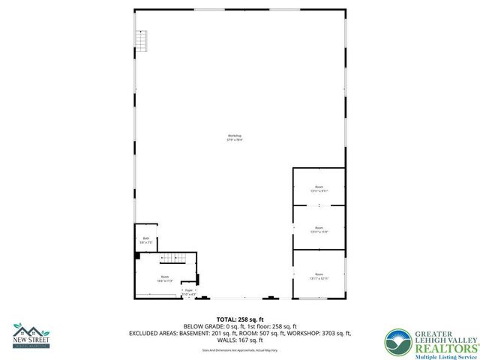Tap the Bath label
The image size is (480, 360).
point(145,238)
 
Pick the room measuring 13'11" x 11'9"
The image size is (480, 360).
point(319,230)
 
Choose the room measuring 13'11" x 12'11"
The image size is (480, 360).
point(319,276)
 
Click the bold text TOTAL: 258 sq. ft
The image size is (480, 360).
point(240,319)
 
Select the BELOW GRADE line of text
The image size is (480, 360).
point(240,326)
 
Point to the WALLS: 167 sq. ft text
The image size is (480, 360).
point(240,340)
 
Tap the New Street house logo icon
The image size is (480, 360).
point(30,331)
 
